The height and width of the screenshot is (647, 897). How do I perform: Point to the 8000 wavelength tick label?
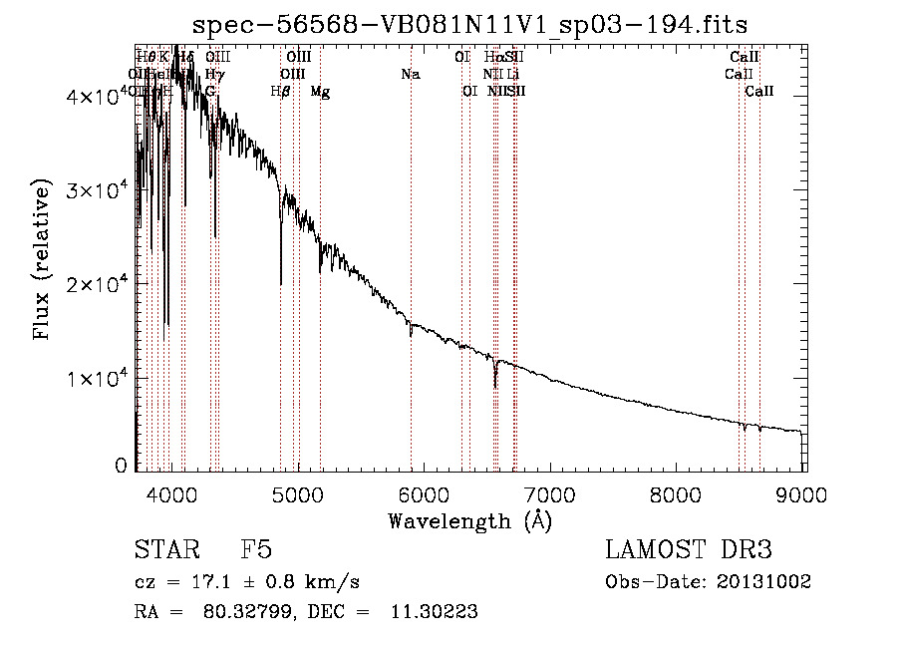click(678, 493)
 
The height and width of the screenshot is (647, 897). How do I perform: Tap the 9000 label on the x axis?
click(804, 493)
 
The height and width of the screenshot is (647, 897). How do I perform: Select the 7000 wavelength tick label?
click(551, 493)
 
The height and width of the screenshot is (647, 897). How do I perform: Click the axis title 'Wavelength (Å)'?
click(469, 520)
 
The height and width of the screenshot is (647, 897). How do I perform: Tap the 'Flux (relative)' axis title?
click(42, 259)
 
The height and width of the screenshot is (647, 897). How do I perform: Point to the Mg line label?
click(320, 92)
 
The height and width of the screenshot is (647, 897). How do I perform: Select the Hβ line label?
click(280, 92)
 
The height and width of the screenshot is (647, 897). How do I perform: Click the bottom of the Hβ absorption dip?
click(281, 283)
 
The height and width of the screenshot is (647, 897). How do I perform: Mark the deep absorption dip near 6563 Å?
click(494, 386)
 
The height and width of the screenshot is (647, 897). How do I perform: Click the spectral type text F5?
click(256, 551)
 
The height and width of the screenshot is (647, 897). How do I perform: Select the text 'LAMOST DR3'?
click(689, 551)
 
